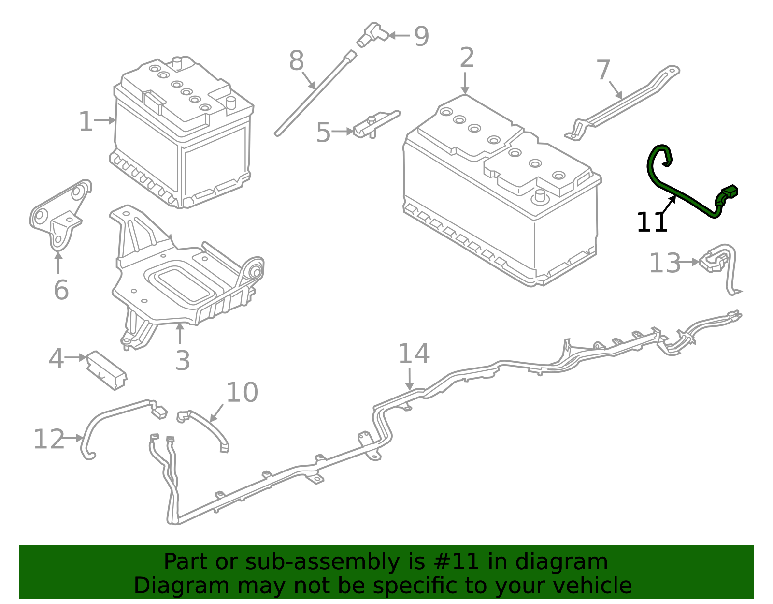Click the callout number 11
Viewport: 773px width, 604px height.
coord(652,223)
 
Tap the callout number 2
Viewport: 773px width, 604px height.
coord(467,58)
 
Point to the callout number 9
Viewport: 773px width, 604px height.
coord(421,36)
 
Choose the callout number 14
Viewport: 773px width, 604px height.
coord(414,354)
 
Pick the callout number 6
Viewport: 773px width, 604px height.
coord(61,290)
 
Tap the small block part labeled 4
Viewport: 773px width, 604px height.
coord(106,370)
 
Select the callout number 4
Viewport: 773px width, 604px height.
coord(56,359)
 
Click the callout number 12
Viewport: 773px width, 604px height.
coord(48,439)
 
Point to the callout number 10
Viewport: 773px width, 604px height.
coord(242,392)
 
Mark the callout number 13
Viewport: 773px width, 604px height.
coord(664,264)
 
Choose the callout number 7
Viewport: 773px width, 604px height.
coord(603,71)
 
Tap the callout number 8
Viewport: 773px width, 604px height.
coord(296,61)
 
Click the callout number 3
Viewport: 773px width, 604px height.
coord(182,361)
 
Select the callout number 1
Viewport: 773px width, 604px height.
coord(86,121)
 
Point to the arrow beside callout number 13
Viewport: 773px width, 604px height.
coord(690,263)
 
